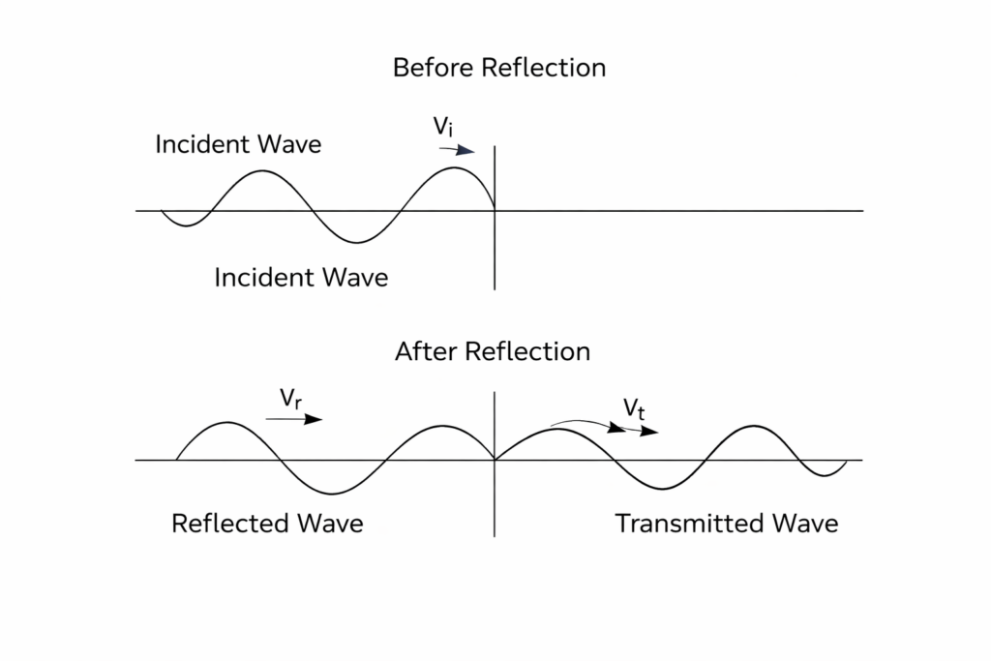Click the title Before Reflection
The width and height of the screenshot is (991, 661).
point(498,69)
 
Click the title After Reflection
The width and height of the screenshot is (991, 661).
point(493,351)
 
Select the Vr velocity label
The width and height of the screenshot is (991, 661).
point(288,399)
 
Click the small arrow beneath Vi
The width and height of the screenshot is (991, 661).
point(457,150)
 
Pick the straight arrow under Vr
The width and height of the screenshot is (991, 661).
point(293,419)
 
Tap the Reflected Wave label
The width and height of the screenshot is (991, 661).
point(267,524)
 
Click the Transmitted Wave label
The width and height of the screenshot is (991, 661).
point(727,524)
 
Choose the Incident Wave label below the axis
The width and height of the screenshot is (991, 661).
point(301,278)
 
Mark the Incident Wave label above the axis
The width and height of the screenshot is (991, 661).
point(238,145)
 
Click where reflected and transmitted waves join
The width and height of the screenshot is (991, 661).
point(495,460)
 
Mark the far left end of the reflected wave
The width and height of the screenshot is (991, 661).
point(176,459)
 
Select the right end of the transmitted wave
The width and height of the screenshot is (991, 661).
point(847,462)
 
